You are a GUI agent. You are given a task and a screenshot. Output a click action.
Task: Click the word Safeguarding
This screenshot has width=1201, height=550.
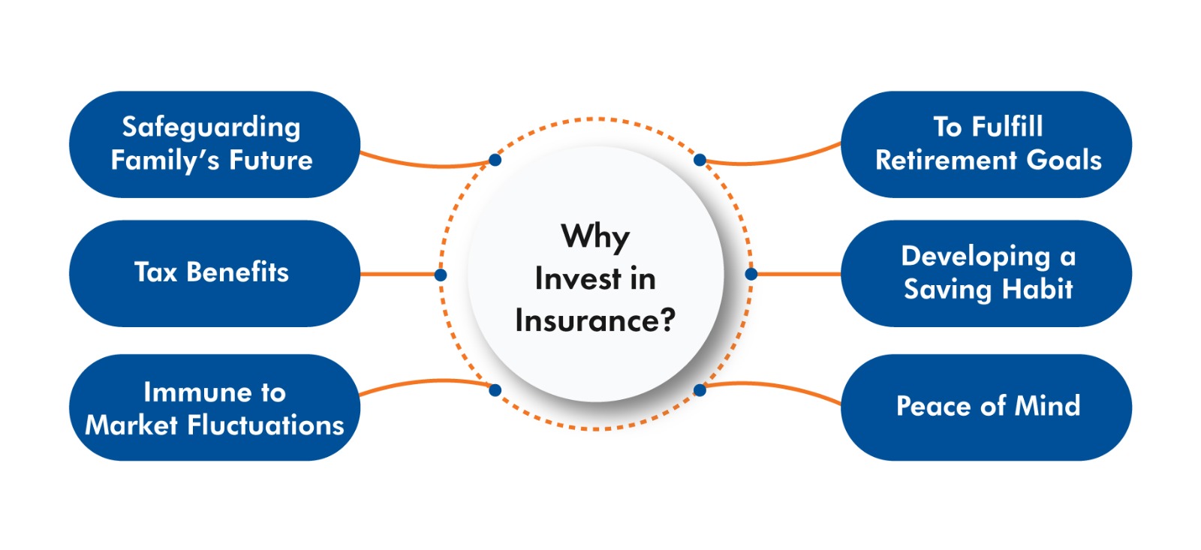coord(211,128)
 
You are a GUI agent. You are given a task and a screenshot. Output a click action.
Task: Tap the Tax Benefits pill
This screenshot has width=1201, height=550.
coord(215,273)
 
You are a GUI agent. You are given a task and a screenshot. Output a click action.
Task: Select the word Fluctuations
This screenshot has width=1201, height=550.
coord(266,425)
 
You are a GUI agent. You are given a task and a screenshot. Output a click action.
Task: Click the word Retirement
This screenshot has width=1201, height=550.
coord(946,161)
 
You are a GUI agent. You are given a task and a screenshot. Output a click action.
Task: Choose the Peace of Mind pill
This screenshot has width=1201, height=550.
coord(986,407)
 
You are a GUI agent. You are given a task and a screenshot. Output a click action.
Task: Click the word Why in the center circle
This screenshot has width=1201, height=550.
coord(595,237)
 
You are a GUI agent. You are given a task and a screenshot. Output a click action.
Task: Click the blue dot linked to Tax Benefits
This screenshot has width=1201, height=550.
coord(440,275)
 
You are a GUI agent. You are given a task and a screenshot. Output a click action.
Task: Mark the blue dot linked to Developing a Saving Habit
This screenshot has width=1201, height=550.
coord(751,274)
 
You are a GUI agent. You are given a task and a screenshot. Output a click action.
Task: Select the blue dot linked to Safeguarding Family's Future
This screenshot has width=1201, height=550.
coord(495,160)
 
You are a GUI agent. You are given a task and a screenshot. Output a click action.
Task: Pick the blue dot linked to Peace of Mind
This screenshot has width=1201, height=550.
coord(700,390)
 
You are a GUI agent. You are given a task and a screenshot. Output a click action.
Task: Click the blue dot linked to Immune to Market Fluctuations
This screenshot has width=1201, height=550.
coord(495,390)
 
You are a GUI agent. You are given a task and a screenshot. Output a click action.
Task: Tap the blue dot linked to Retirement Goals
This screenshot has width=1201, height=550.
coord(700,160)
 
